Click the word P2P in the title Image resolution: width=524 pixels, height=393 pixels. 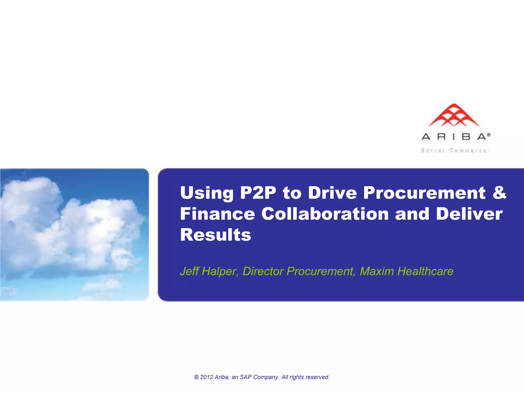pyautogui.click(x=258, y=193)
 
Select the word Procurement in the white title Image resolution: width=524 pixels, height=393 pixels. pyautogui.click(x=424, y=193)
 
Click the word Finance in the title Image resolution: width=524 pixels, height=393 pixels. pyautogui.click(x=217, y=214)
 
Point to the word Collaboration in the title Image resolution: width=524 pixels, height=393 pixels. pyautogui.click(x=325, y=214)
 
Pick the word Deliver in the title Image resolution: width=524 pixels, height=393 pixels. pyautogui.click(x=469, y=214)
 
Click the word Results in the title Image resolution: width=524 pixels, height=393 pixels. pyautogui.click(x=216, y=235)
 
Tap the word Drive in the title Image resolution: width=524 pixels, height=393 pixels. pyautogui.click(x=332, y=193)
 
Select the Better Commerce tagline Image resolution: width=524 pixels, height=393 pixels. pyautogui.click(x=455, y=151)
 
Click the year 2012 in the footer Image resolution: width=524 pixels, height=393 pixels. pyautogui.click(x=206, y=377)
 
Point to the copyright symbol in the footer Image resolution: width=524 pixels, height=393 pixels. pyautogui.click(x=196, y=377)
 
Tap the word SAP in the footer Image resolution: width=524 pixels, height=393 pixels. pyautogui.click(x=246, y=377)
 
